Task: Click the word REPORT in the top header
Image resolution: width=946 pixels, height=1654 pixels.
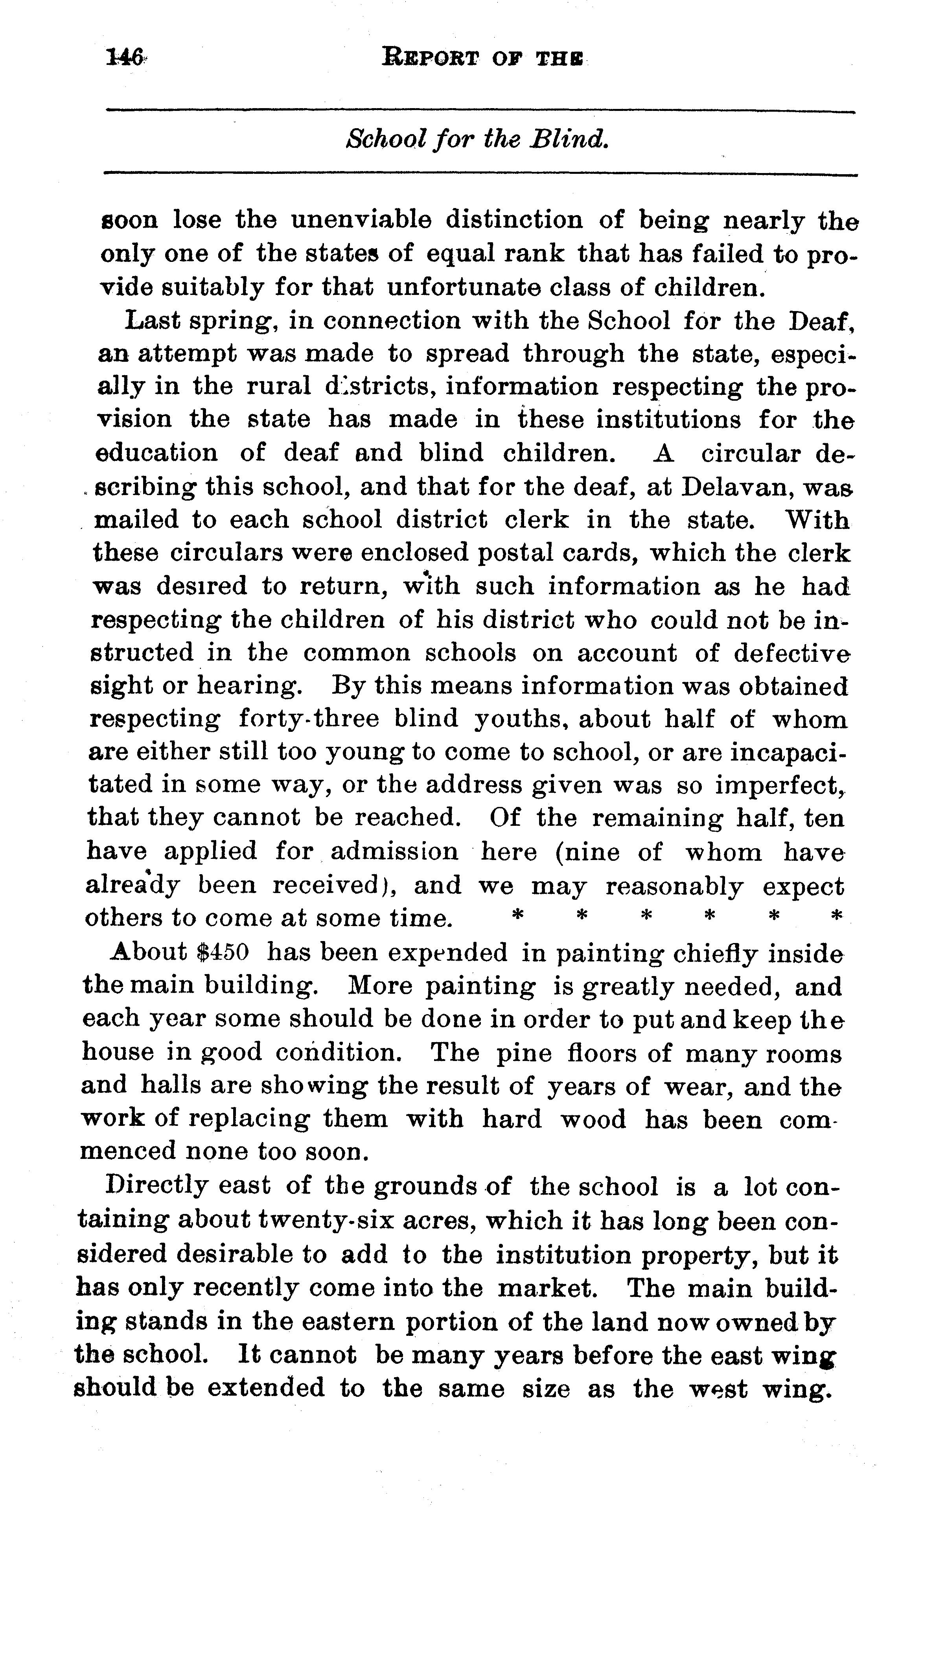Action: (430, 59)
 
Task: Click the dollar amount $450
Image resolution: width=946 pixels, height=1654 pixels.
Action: (222, 952)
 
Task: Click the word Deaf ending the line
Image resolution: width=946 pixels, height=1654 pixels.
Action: (819, 321)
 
